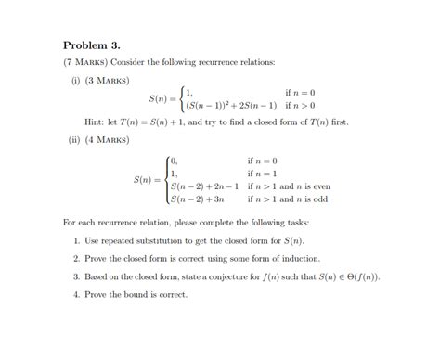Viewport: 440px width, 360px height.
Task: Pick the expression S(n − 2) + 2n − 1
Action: (x=205, y=186)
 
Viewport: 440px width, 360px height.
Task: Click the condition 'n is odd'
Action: (x=311, y=199)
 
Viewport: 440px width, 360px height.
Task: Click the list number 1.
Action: (x=75, y=240)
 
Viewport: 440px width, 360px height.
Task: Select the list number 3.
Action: (x=75, y=276)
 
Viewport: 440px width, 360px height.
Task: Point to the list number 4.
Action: (x=75, y=294)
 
